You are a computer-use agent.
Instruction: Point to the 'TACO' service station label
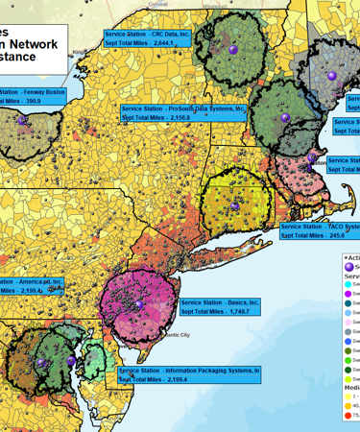pyautogui.click(x=321, y=227)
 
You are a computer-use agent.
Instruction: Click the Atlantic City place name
pyautogui.click(x=175, y=335)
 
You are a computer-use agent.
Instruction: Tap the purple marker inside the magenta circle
pyautogui.click(x=138, y=303)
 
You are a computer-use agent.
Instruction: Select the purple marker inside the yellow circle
pyautogui.click(x=234, y=204)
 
